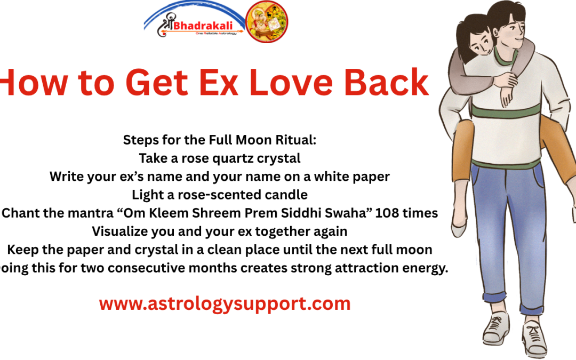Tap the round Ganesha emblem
(266, 22)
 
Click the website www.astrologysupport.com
(225, 303)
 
